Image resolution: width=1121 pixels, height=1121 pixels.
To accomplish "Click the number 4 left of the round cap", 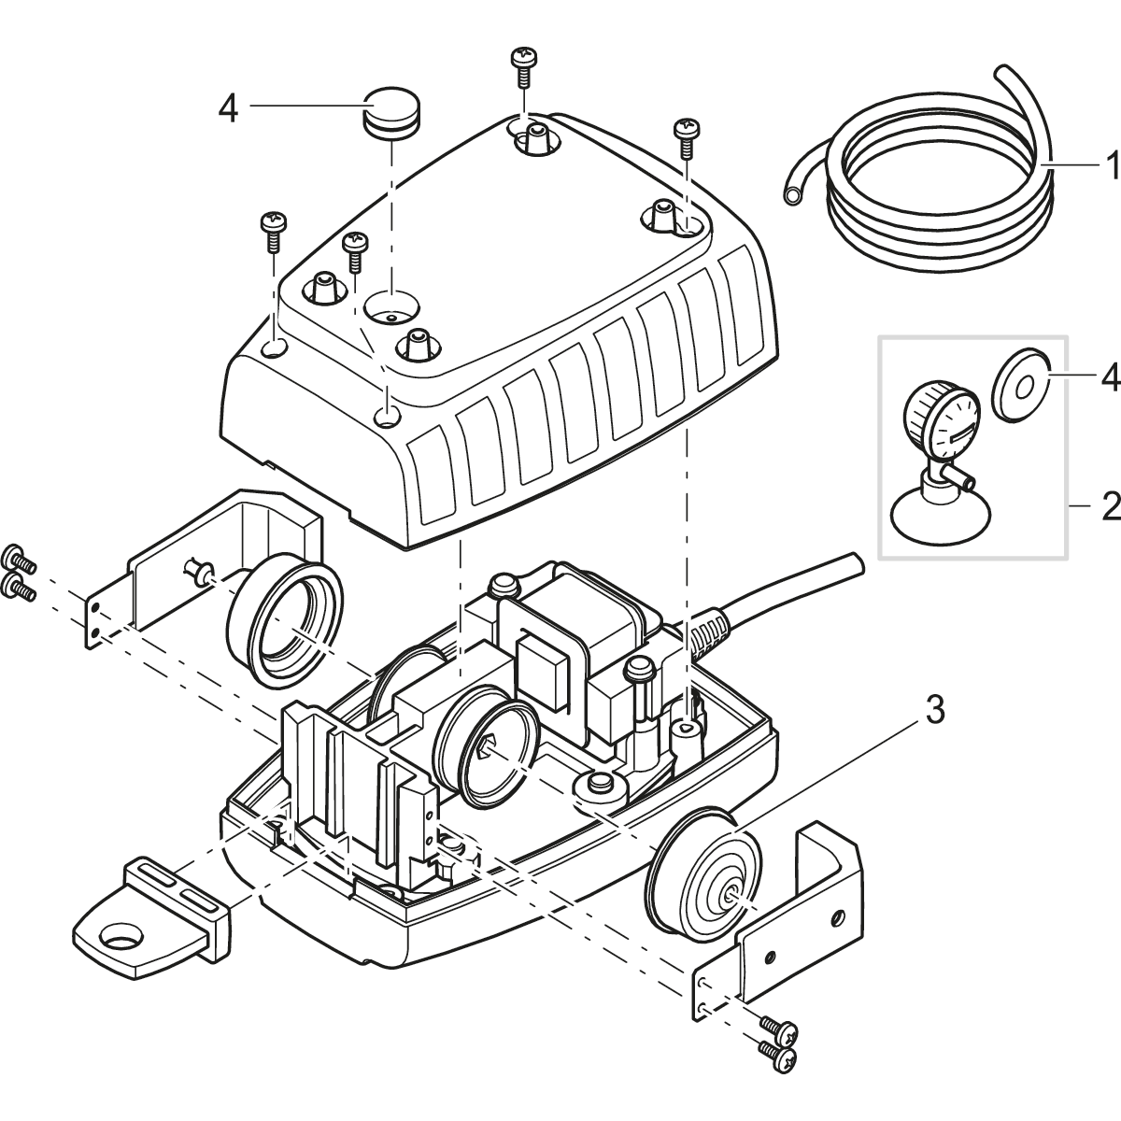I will pos(228,108).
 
